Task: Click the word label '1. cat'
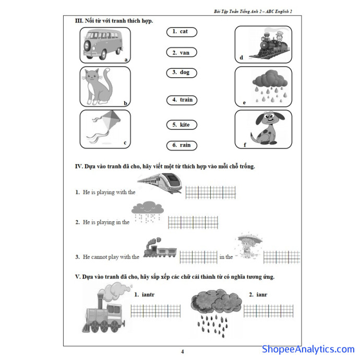(182, 32)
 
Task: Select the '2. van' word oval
(182, 52)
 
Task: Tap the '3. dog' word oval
(182, 73)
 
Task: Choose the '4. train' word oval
(182, 100)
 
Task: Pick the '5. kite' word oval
(182, 125)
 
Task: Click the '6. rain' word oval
(182, 146)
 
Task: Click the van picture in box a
(103, 44)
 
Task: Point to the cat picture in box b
(98, 86)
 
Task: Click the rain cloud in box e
(270, 86)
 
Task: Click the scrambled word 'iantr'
(148, 294)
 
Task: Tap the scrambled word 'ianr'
(262, 294)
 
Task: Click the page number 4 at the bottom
(183, 352)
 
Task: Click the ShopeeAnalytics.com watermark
(308, 349)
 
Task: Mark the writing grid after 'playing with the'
(211, 192)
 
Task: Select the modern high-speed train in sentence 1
(160, 183)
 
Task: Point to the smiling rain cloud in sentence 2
(148, 212)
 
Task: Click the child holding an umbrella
(249, 246)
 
